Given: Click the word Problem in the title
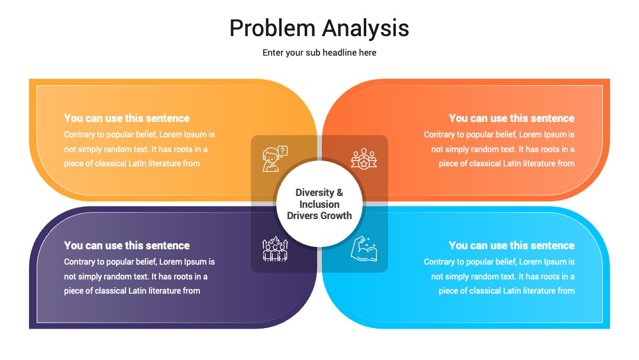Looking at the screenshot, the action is point(272,28).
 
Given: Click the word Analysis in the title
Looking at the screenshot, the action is point(366,28).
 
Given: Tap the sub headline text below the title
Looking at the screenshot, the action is point(319,53).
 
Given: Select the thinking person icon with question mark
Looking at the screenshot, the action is point(275,159).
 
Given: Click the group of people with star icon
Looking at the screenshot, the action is point(364,159).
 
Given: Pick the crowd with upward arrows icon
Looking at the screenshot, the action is point(275,249).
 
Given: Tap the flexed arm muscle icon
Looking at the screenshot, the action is point(364,249).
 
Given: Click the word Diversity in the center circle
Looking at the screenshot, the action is point(315,192).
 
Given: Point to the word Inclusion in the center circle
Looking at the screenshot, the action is point(319,204).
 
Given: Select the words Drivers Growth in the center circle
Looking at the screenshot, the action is point(319,216).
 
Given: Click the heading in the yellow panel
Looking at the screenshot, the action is point(127,118).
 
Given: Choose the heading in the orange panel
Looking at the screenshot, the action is point(511,118).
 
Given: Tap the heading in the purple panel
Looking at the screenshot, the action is point(127,246).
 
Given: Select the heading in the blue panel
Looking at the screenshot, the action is point(511,246).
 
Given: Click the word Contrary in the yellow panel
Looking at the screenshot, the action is point(79,135).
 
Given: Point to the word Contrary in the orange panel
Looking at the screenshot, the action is point(438,135).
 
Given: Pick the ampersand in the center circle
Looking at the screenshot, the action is point(340,192).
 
